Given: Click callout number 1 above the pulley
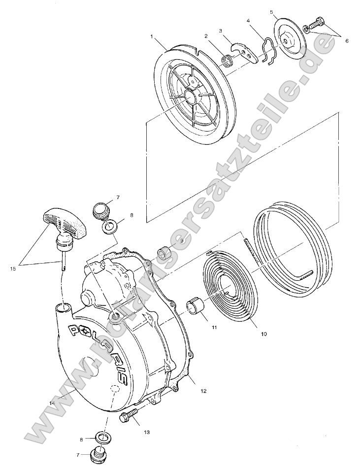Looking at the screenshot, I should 153,36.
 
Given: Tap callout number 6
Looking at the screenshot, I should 346,41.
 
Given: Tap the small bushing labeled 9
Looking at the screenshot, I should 164,254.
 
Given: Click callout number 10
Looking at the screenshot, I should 264,334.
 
